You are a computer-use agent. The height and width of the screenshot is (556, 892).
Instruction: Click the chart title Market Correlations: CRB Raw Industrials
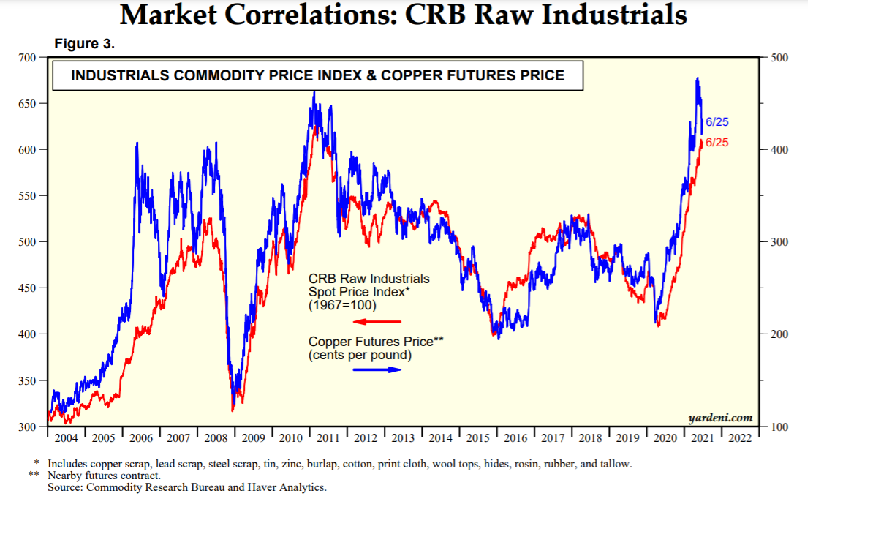[x=403, y=15]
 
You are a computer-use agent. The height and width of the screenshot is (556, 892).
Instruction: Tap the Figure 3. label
[x=85, y=44]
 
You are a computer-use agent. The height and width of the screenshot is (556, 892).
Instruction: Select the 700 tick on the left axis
[x=27, y=57]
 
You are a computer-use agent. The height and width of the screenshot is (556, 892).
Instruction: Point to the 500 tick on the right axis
[x=780, y=58]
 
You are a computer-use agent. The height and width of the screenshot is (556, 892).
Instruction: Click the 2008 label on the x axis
[x=216, y=438]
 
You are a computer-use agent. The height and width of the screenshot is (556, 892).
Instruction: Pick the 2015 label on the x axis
[x=478, y=438]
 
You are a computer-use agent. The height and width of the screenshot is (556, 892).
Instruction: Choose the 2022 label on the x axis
[x=740, y=438]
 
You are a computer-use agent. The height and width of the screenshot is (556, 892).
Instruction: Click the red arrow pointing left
[x=377, y=322]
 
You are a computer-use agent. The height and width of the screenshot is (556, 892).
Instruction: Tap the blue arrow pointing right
[x=377, y=369]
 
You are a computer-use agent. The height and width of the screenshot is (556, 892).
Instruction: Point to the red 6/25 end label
[x=717, y=143]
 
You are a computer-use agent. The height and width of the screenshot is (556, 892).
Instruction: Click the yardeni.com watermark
[x=720, y=418]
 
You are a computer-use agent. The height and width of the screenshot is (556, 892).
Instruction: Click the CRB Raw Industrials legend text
[x=369, y=279]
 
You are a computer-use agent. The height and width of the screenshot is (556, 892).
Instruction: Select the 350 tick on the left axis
[x=27, y=380]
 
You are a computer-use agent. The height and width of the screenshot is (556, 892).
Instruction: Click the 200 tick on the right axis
[x=780, y=334]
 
